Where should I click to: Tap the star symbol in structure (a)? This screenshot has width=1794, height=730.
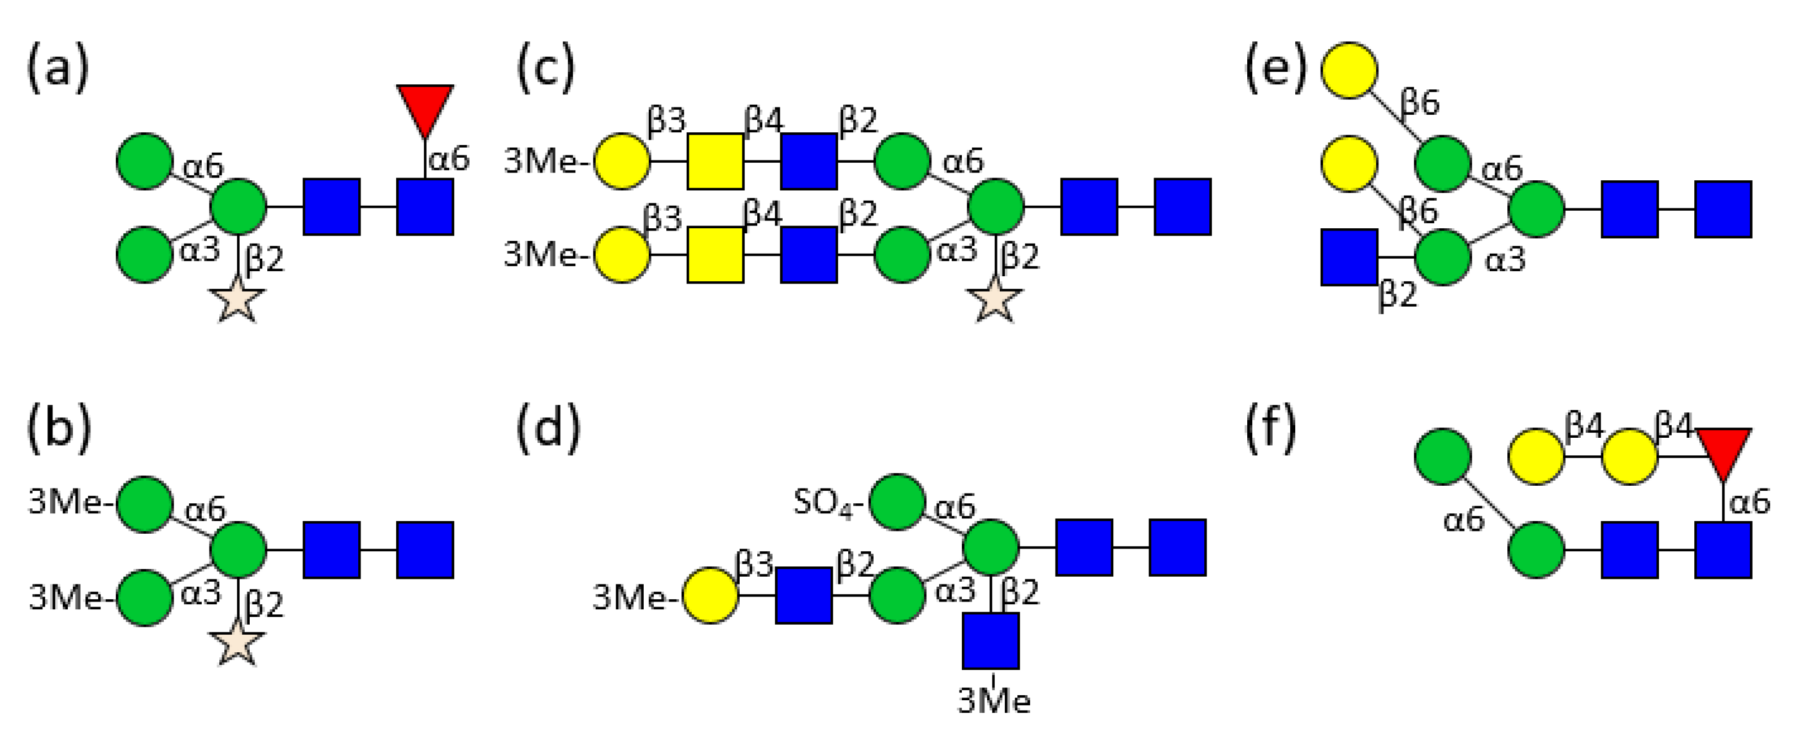click(x=238, y=301)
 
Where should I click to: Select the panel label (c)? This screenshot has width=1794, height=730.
click(x=545, y=68)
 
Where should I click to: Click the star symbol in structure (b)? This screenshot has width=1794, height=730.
click(x=238, y=643)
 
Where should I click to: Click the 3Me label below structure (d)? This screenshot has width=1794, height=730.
click(x=994, y=701)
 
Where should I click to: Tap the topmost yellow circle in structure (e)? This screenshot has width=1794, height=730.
click(x=1349, y=71)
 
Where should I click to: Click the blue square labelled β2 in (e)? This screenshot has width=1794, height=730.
click(x=1349, y=257)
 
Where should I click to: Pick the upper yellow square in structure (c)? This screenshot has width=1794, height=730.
click(x=715, y=161)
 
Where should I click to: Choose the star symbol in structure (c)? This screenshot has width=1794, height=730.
click(x=995, y=301)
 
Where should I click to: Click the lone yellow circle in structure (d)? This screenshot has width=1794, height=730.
click(x=710, y=595)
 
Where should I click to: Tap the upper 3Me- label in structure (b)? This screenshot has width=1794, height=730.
click(x=69, y=502)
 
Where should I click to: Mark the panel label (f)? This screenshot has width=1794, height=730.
click(x=1270, y=427)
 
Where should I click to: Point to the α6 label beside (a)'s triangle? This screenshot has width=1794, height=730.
click(x=449, y=159)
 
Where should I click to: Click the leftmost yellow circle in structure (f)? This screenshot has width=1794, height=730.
click(x=1536, y=457)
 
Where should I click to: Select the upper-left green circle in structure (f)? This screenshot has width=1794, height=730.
click(x=1443, y=457)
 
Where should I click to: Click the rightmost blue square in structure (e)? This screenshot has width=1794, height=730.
click(x=1723, y=209)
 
